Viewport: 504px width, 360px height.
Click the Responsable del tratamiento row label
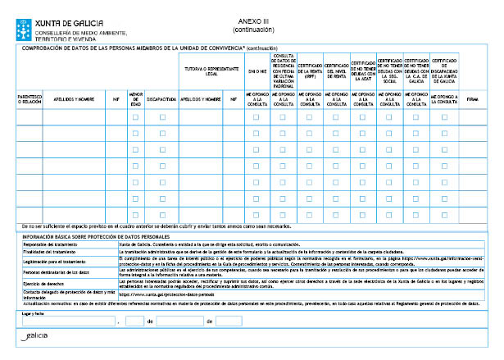(50, 244)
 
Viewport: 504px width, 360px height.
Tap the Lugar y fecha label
(33, 313)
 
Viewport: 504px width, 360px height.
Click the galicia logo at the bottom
(34, 338)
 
